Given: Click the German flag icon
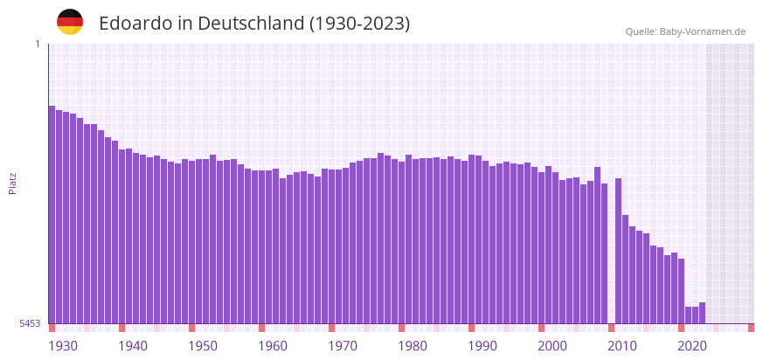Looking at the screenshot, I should pyautogui.click(x=70, y=22).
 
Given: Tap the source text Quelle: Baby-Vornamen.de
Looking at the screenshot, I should pyautogui.click(x=685, y=31).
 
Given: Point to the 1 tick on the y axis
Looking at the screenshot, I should pyautogui.click(x=37, y=44).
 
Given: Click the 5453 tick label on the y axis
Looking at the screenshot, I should pyautogui.click(x=30, y=323).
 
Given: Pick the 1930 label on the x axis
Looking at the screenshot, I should pyautogui.click(x=63, y=346).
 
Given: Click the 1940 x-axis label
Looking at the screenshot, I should pyautogui.click(x=133, y=346).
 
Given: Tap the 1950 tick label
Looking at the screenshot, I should pyautogui.click(x=203, y=346).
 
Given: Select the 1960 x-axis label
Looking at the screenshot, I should pyautogui.click(x=273, y=346).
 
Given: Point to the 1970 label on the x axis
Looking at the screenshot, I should pyautogui.click(x=343, y=346).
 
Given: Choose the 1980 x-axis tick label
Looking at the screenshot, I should pyautogui.click(x=413, y=346).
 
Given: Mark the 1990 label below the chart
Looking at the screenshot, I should pyautogui.click(x=482, y=346).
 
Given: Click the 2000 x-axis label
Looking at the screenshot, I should pyautogui.click(x=552, y=346).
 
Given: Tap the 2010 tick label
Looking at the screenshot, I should pyautogui.click(x=622, y=346).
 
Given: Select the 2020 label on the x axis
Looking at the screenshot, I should pyautogui.click(x=692, y=346).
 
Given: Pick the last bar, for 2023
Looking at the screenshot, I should pyautogui.click(x=702, y=313).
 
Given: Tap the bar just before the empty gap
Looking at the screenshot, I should pyautogui.click(x=604, y=253).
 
